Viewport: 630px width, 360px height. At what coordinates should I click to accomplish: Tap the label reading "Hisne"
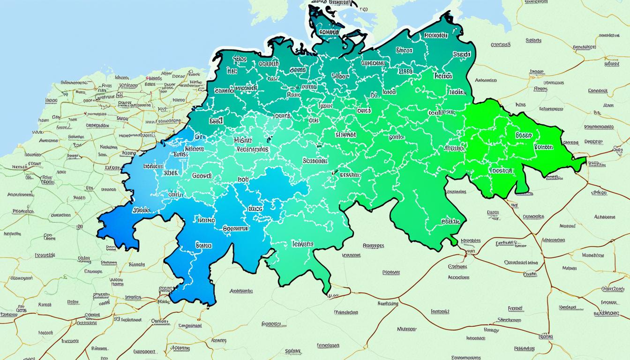tap(242, 140)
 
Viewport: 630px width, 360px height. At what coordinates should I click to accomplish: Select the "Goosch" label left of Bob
tap(202, 175)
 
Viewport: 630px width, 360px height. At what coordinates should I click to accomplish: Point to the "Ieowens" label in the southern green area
tap(302, 244)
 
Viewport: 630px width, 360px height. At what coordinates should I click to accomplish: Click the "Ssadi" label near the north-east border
tap(462, 54)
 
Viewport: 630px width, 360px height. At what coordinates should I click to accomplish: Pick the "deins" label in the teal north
tap(298, 70)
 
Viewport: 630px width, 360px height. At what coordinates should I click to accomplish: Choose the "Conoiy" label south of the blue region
tap(160, 321)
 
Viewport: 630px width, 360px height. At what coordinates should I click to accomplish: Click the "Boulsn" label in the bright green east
tap(524, 135)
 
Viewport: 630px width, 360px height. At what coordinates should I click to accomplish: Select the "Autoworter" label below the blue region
tap(241, 291)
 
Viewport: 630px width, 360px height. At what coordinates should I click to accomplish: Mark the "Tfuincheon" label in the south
tap(346, 312)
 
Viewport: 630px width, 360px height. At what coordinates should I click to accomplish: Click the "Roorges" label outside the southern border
tap(374, 245)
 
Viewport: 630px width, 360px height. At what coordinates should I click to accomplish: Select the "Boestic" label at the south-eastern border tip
tap(451, 221)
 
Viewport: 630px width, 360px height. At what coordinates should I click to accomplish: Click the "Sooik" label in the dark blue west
tap(141, 210)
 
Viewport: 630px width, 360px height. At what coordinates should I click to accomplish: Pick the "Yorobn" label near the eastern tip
tap(543, 147)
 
